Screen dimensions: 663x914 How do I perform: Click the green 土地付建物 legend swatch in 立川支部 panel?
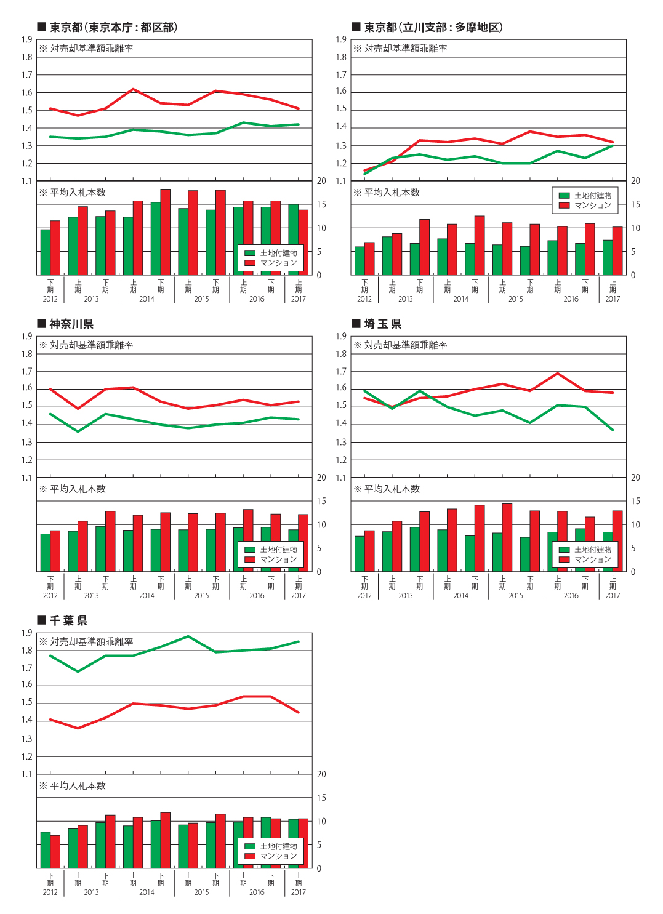tap(564, 196)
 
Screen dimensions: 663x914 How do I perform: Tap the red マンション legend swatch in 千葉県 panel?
tap(250, 856)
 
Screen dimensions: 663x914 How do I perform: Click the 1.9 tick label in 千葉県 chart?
tap(27, 633)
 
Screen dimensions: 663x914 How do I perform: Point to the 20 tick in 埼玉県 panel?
tap(635, 478)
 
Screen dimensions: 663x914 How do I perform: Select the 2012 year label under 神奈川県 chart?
tap(50, 596)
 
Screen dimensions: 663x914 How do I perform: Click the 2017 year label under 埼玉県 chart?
tap(613, 596)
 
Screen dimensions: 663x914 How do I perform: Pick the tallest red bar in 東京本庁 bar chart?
tap(165, 232)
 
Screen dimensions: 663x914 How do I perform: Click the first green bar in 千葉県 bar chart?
tap(46, 850)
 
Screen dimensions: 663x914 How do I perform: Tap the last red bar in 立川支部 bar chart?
tap(617, 251)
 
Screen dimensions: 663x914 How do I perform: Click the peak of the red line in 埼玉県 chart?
tap(557, 373)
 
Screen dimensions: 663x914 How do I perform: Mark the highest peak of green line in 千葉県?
tap(188, 636)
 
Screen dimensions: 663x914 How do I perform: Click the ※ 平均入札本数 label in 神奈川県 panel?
tap(72, 489)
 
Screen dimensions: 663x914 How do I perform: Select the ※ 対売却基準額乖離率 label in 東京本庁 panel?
tap(86, 48)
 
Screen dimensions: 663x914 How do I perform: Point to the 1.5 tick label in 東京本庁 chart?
tap(27, 110)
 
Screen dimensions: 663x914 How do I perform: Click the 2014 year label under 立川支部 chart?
tap(460, 299)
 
